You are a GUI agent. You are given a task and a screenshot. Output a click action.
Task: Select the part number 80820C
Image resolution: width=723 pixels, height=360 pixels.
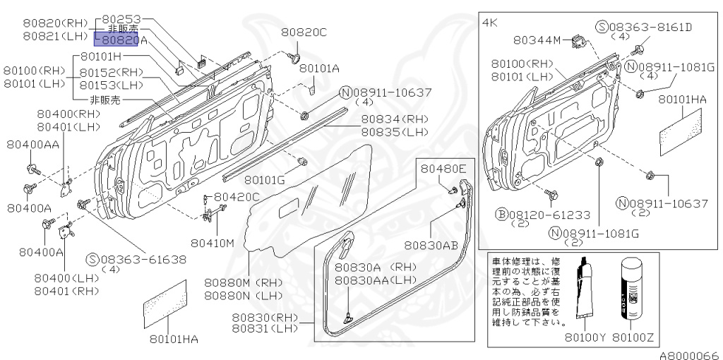[304, 32]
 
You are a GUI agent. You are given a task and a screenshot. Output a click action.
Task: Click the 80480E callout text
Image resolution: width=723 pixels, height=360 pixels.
[444, 169]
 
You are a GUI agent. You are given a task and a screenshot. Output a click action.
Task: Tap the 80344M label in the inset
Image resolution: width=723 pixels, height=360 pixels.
[538, 40]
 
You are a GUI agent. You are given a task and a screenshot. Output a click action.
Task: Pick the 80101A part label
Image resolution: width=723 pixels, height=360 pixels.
[319, 68]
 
